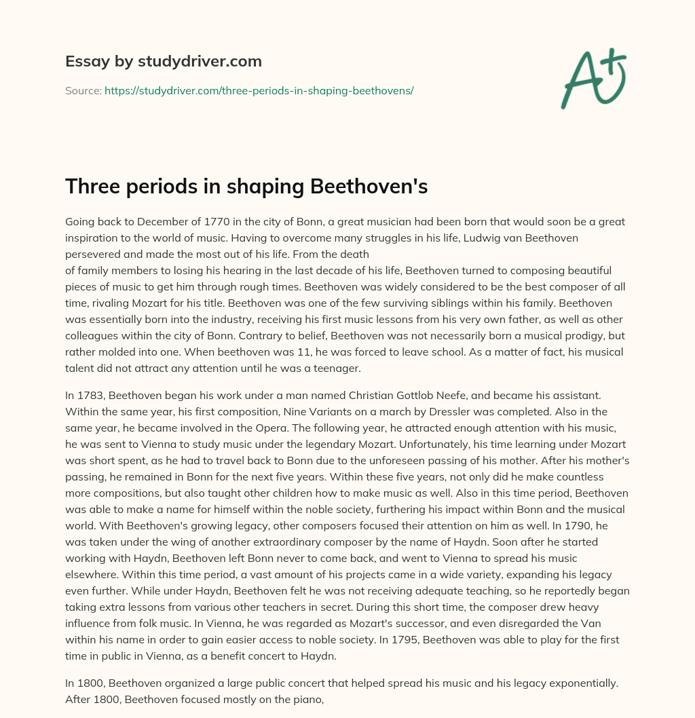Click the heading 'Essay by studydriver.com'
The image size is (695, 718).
pos(163,61)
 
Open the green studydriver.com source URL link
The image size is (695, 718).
pos(259,90)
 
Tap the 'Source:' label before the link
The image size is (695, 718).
pos(83,90)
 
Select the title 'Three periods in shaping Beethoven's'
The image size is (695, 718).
pos(246,187)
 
